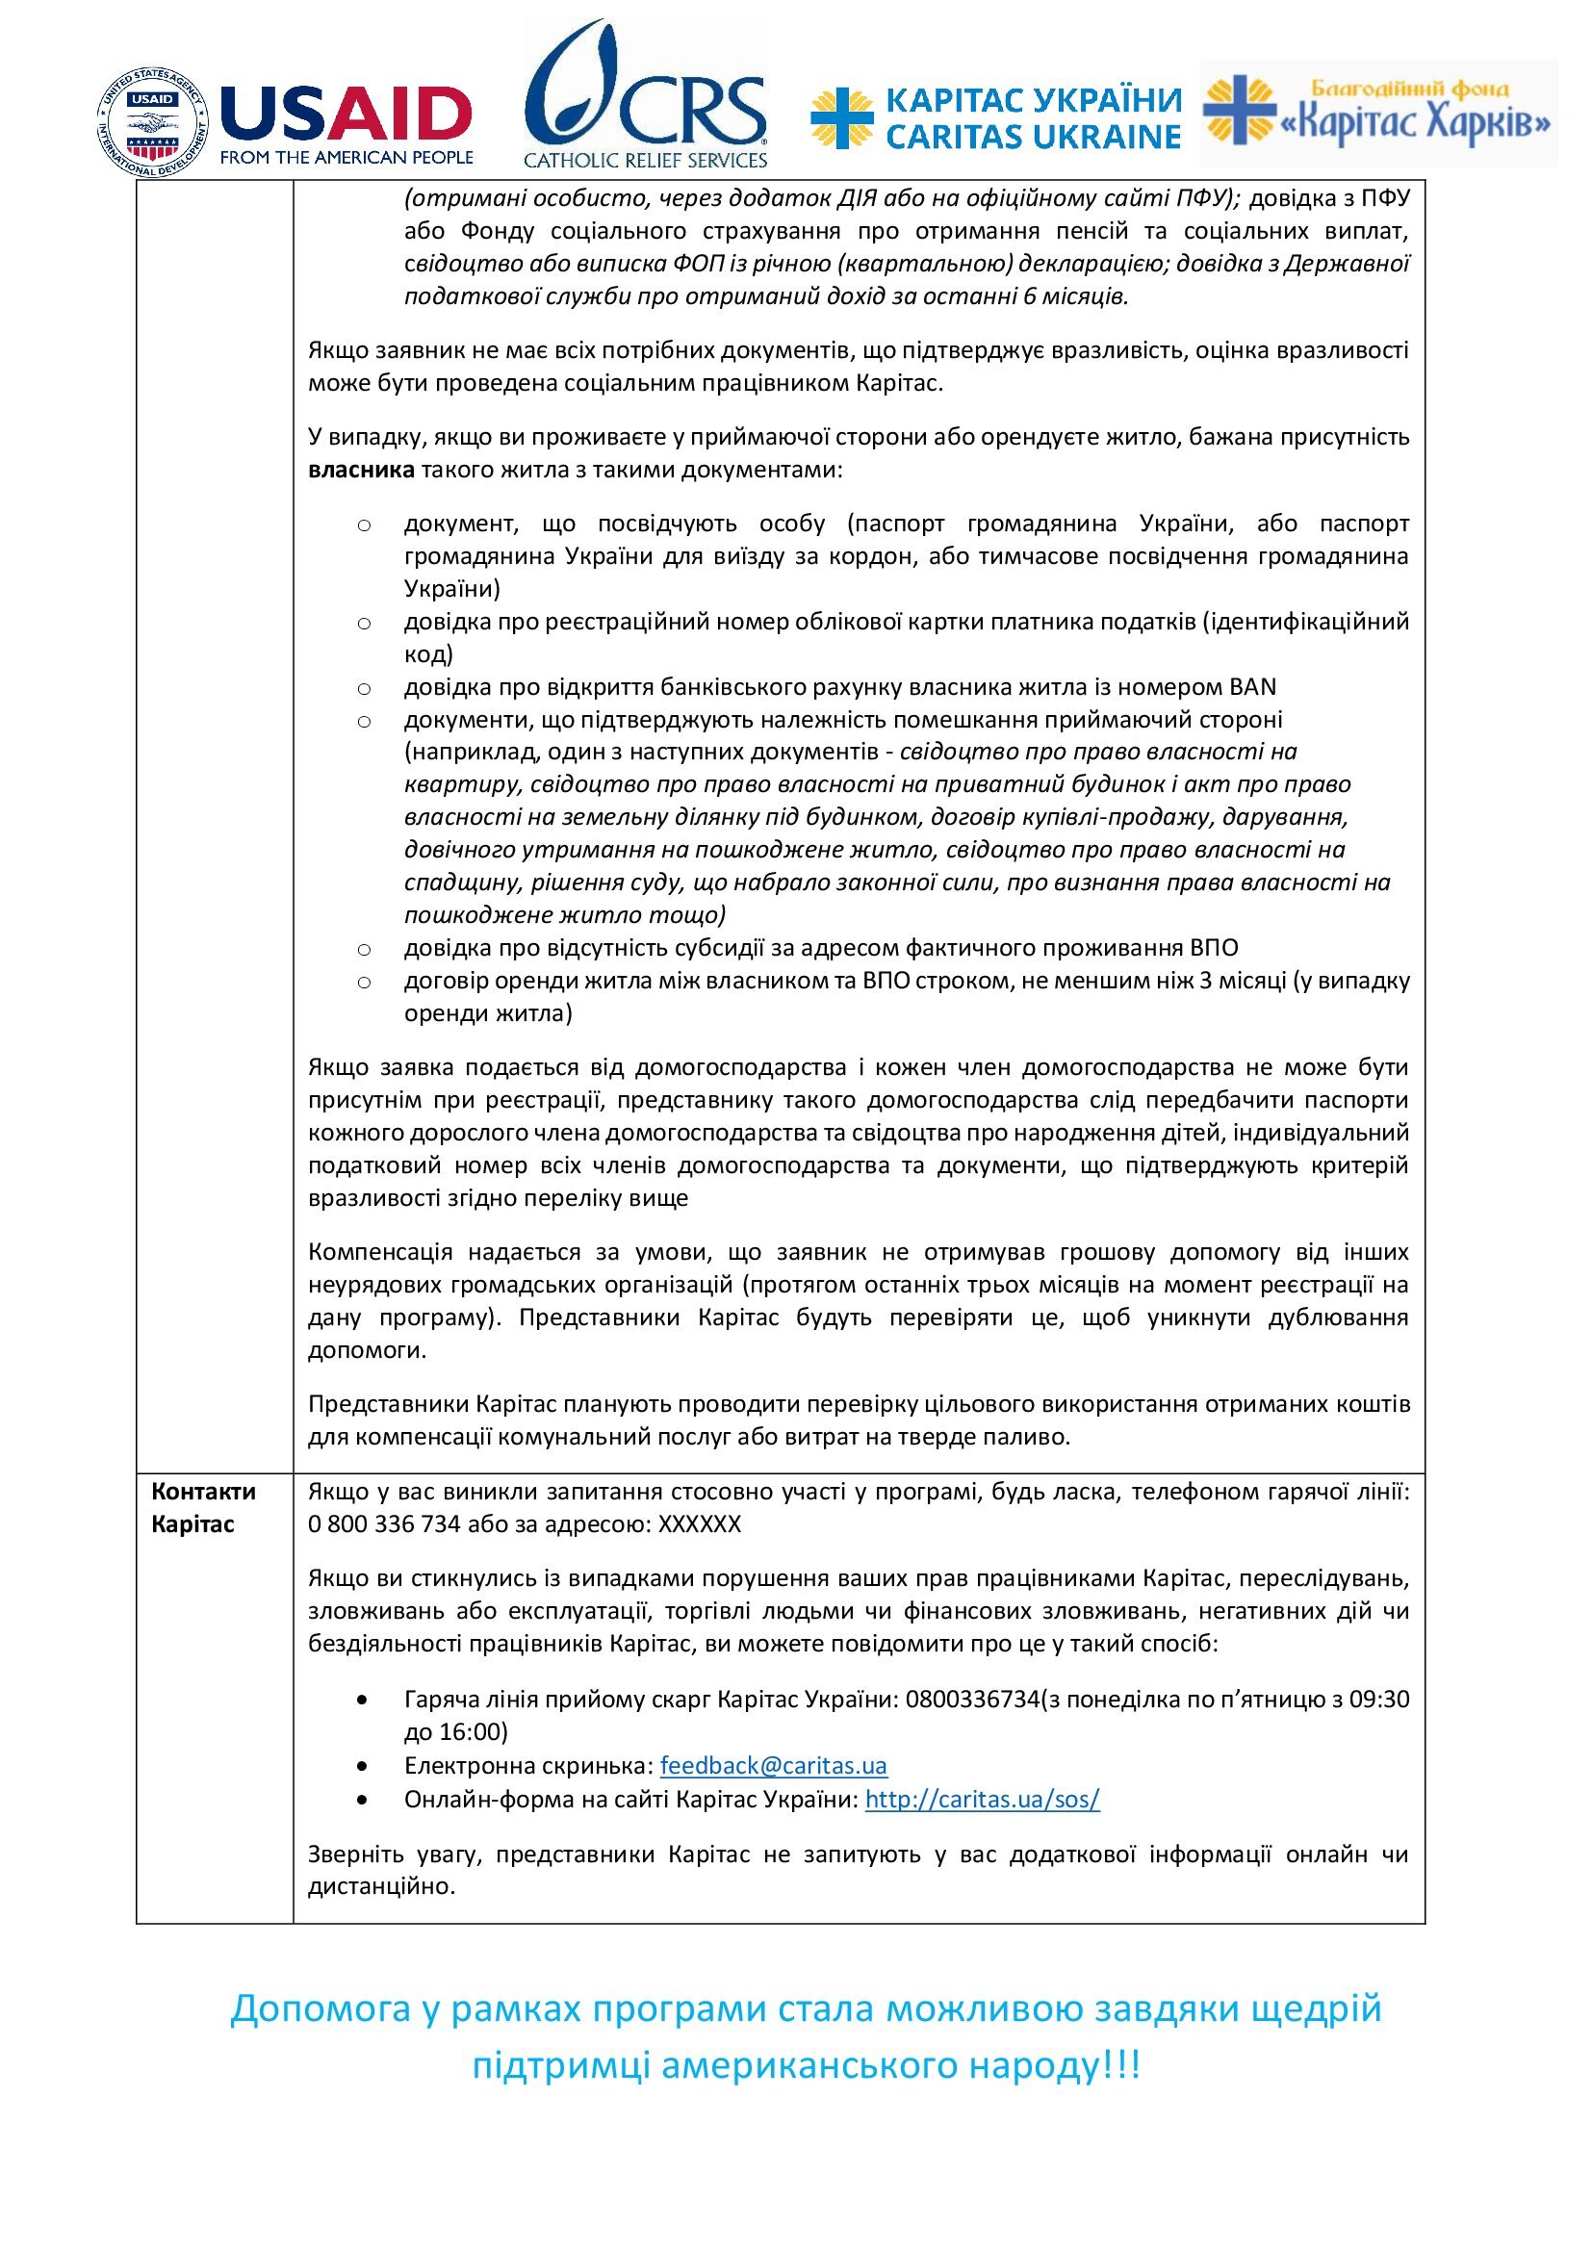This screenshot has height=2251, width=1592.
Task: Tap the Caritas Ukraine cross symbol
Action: pyautogui.click(x=841, y=117)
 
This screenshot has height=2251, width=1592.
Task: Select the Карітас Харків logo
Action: pyautogui.click(x=1378, y=113)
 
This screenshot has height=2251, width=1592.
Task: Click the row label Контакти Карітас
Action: pyautogui.click(x=203, y=1508)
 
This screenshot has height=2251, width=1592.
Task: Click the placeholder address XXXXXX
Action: pyautogui.click(x=700, y=1524)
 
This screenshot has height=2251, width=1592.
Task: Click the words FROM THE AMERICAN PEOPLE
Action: pyautogui.click(x=347, y=157)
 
